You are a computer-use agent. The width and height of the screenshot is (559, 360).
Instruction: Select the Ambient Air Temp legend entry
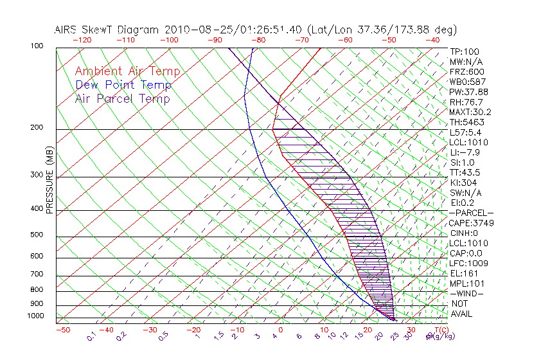(127, 71)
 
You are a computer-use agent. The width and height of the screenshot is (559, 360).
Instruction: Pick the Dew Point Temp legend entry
(123, 85)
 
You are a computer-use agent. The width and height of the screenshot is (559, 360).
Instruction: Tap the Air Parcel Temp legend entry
(122, 98)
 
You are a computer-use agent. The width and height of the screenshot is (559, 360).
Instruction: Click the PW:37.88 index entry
(468, 92)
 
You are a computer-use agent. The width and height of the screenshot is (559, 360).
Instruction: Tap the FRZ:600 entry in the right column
(467, 71)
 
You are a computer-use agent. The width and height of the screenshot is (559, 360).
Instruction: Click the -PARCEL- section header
(471, 213)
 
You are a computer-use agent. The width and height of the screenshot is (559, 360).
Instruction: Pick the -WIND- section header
(467, 293)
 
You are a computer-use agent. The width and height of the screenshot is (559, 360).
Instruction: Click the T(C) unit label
(441, 330)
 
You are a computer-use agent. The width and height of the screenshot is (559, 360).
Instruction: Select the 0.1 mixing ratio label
(91, 336)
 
